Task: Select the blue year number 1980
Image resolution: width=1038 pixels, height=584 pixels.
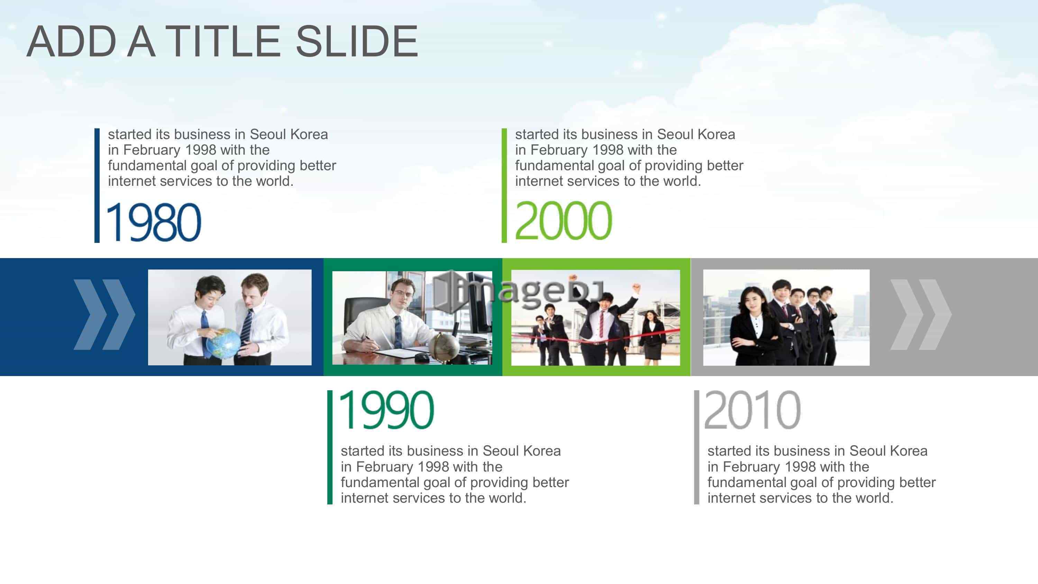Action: [x=153, y=222]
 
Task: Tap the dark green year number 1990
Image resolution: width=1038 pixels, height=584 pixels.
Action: [x=386, y=410]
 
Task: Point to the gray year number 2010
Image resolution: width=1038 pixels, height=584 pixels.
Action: [x=752, y=410]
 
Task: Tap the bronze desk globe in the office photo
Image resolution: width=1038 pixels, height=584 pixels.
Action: [x=443, y=346]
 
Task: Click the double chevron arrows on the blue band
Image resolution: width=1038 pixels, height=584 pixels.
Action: [x=104, y=314]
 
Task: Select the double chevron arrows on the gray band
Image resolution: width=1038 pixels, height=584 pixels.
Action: [x=921, y=314]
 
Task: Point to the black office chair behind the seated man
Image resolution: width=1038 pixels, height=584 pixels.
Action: [x=365, y=318]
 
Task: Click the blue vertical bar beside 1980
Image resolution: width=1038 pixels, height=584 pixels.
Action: [x=97, y=185]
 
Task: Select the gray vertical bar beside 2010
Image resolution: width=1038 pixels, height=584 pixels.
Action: [x=696, y=447]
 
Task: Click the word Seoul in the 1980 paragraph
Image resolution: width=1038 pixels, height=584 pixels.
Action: [x=269, y=134]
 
